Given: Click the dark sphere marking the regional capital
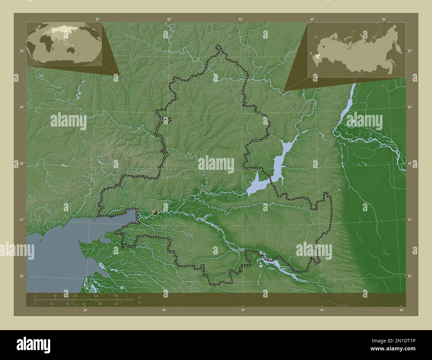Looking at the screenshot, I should pyautogui.click(x=155, y=212).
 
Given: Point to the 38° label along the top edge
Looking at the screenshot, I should pyautogui.click(x=97, y=19).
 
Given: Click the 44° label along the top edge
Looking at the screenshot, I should pyautogui.click(x=312, y=19).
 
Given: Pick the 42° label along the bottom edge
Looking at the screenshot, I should pyautogui.click(x=243, y=310).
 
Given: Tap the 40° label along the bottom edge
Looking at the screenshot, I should pyautogui.click(x=164, y=310).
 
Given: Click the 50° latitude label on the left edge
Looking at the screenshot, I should pyautogui.click(x=21, y=51).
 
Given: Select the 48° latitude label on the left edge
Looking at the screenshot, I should pyautogui.click(x=21, y=163).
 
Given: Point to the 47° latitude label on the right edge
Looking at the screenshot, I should pyautogui.click(x=410, y=220).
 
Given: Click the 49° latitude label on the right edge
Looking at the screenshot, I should pyautogui.click(x=410, y=107).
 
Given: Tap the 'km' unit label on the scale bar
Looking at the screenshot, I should pyautogui.click(x=140, y=297).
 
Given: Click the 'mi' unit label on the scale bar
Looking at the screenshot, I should pyautogui.click(x=140, y=302).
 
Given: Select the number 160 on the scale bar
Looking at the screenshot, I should pyautogui.click(x=116, y=296).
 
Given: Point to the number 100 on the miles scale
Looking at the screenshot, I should pyautogui.click(x=116, y=304).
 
